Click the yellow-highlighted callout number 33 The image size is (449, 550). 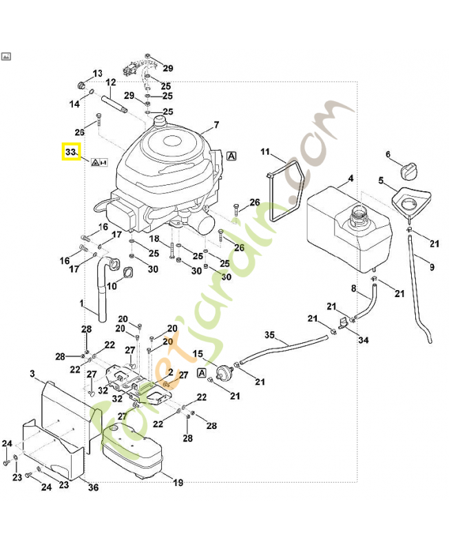(x=71, y=151)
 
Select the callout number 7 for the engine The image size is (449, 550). (x=216, y=125)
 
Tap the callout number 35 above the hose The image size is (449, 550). (x=270, y=335)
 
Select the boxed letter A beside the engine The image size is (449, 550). (x=231, y=156)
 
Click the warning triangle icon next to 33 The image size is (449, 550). (x=94, y=162)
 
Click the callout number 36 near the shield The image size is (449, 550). (x=94, y=487)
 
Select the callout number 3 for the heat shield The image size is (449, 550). (x=32, y=374)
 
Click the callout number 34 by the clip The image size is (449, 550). (x=364, y=340)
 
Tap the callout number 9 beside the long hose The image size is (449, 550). (x=432, y=267)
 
